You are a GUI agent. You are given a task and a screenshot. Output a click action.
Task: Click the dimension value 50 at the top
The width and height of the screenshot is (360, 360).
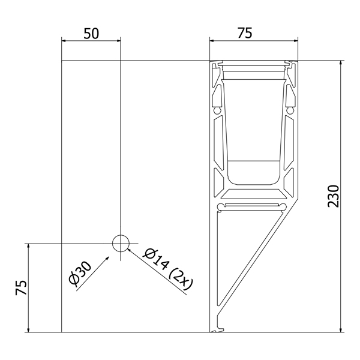click(91, 34)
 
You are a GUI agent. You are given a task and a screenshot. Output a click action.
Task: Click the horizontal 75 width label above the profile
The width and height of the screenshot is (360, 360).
click(245, 33)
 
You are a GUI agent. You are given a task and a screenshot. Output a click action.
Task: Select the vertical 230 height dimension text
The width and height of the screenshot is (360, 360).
click(334, 196)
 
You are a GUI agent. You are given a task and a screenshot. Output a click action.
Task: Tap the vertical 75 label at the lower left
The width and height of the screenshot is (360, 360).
click(21, 287)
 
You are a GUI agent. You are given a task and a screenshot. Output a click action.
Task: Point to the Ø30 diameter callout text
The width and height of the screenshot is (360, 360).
click(80, 274)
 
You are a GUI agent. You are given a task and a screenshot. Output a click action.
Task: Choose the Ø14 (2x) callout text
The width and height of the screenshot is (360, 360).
click(168, 268)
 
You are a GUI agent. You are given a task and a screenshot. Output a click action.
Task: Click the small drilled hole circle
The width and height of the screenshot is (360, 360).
click(121, 244)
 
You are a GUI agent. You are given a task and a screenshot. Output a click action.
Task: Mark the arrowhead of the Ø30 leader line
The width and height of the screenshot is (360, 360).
click(107, 258)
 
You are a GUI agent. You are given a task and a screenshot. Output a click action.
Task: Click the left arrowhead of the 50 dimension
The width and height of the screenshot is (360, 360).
click(64, 41)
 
